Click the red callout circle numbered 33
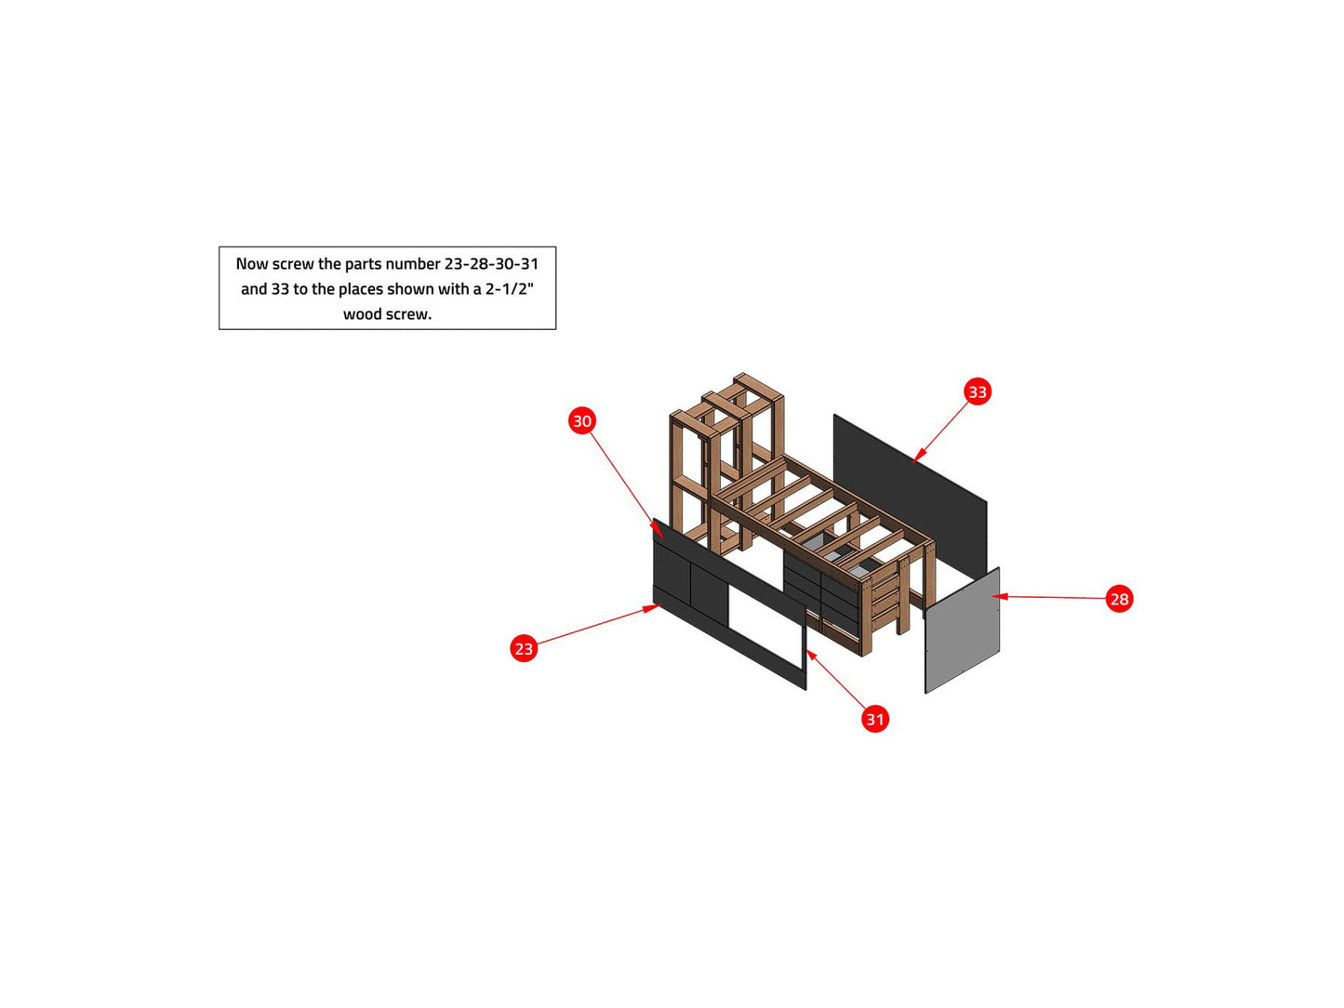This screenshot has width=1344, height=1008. [x=978, y=391]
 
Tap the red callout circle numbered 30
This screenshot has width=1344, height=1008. [x=582, y=420]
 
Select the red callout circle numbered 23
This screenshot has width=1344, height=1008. [x=524, y=648]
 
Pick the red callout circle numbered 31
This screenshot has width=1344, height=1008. [x=875, y=719]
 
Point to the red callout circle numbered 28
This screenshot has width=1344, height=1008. [x=1119, y=599]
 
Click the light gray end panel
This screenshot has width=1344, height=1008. [x=962, y=630]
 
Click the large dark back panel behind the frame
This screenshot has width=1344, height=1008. [x=910, y=495]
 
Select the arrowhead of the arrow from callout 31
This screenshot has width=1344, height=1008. [x=812, y=657]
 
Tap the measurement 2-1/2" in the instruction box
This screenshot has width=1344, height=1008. [x=510, y=288]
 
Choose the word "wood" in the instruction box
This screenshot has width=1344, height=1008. [x=361, y=314]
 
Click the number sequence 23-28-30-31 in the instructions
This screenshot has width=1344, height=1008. [x=491, y=264]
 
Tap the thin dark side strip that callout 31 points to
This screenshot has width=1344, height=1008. [x=805, y=649]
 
